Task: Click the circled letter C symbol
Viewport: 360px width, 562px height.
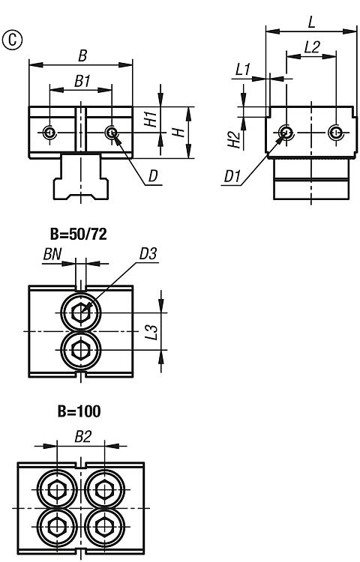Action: click(x=12, y=40)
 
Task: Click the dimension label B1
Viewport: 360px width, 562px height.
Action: click(x=82, y=82)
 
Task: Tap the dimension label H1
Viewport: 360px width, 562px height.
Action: click(x=151, y=119)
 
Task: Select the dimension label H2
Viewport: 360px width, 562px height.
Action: click(x=233, y=140)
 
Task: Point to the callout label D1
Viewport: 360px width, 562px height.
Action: click(x=232, y=177)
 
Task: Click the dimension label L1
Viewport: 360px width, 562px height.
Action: click(x=243, y=69)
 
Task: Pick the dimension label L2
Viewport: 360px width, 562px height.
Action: click(x=311, y=47)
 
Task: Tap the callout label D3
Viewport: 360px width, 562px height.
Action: click(x=148, y=254)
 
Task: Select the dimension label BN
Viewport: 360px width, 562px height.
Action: click(x=52, y=254)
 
